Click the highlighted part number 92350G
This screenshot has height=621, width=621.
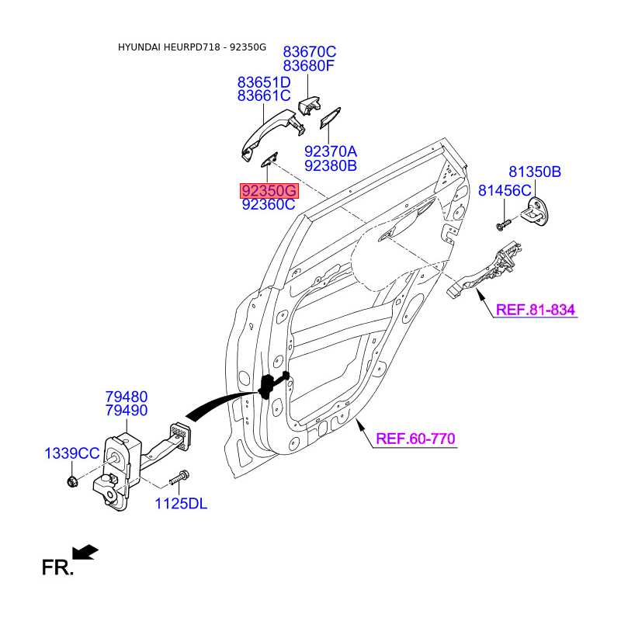tap(269, 191)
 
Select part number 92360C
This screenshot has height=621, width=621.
tap(269, 204)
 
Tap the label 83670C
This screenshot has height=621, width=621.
tap(309, 52)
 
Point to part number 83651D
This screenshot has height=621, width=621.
tap(264, 82)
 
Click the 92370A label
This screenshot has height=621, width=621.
tap(331, 151)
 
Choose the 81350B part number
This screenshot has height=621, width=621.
tap(535, 172)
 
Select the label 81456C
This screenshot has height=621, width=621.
tap(505, 190)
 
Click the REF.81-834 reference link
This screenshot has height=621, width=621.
tap(536, 310)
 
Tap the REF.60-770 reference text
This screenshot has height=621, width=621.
tap(415, 439)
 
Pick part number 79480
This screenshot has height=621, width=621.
tap(127, 397)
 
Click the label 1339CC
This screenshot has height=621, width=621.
tap(72, 453)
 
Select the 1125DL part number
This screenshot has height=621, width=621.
tap(181, 504)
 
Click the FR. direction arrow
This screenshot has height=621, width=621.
tap(85, 552)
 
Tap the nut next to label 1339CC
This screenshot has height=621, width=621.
tap(72, 481)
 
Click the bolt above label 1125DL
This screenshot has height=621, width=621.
tap(179, 477)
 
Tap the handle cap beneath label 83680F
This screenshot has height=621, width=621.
tap(309, 106)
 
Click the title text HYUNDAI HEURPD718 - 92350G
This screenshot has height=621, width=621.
tap(192, 47)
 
